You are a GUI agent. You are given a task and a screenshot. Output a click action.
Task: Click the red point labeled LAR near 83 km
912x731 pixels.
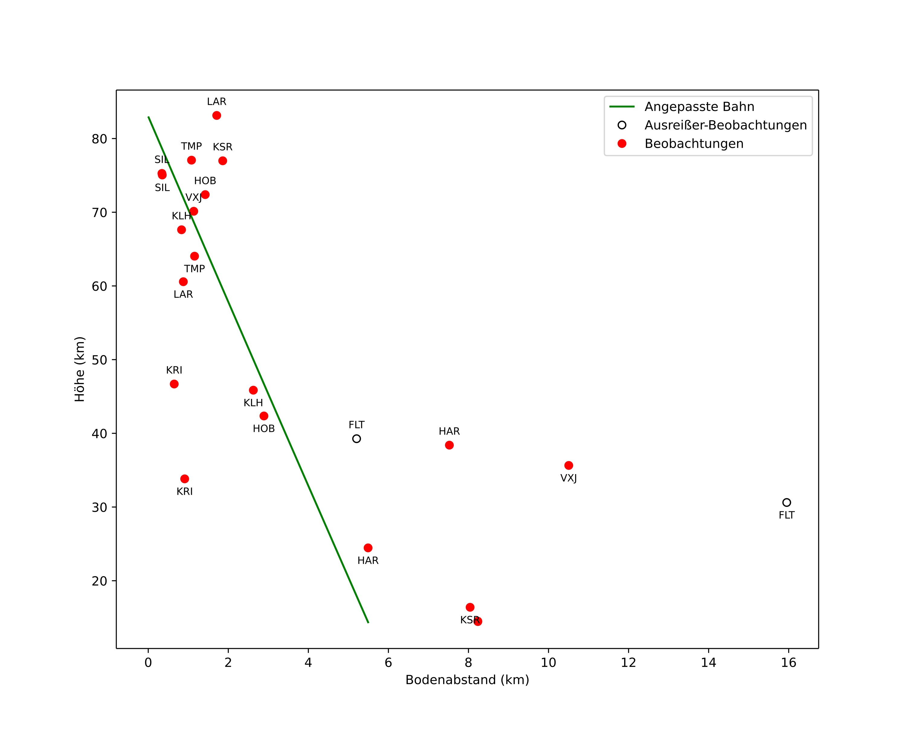(217, 115)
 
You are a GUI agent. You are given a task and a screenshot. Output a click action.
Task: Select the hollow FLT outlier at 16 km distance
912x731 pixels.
(786, 503)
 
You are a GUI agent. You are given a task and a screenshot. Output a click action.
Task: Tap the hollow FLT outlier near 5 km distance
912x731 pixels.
(356, 439)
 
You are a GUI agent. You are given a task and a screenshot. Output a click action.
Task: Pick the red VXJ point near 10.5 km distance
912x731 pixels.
(569, 465)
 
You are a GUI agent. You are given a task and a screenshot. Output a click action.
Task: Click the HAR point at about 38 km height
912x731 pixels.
(449, 445)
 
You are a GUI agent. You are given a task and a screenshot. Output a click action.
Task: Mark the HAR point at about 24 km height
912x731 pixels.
(368, 548)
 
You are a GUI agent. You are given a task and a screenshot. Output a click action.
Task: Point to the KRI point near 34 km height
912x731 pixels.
(185, 479)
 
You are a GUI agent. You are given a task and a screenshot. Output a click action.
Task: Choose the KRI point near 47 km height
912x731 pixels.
(174, 384)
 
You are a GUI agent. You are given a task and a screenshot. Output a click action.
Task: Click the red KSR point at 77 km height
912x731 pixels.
(223, 161)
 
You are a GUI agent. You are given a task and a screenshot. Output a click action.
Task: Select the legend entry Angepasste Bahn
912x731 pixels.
(682, 107)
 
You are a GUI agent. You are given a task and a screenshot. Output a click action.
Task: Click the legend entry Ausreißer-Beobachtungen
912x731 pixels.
(712, 125)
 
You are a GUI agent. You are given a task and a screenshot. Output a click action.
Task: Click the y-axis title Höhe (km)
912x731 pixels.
(79, 369)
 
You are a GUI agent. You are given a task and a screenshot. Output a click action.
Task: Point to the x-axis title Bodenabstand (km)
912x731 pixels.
(467, 680)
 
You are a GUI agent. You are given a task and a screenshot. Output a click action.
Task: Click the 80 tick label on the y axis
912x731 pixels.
(99, 139)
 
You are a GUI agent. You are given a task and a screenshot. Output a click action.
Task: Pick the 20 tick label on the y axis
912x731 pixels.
(99, 581)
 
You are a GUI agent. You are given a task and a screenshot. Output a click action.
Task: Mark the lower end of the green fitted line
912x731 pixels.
(369, 623)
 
